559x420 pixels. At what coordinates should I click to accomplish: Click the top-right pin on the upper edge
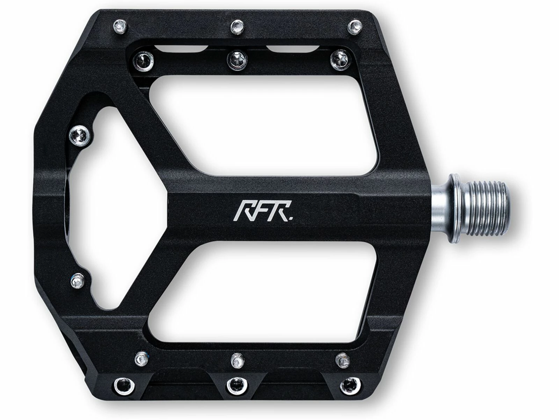click(x=356, y=25)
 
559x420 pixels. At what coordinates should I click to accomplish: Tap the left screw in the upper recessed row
click(x=144, y=59)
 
